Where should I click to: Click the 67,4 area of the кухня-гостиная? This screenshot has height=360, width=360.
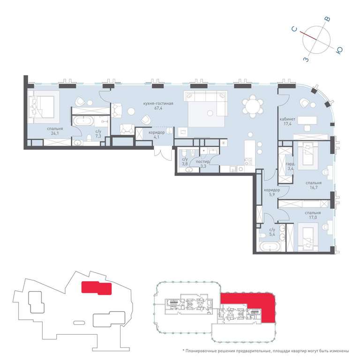pos(158,108)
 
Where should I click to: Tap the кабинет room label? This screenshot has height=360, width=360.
pos(287,119)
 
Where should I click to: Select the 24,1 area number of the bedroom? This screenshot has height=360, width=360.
pos(55,133)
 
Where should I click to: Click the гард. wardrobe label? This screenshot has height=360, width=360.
pos(290,164)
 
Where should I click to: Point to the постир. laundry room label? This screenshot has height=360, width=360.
pos(202,162)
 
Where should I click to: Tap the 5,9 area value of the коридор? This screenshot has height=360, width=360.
pos(272,195)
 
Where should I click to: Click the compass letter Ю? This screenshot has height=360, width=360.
pos(339,50)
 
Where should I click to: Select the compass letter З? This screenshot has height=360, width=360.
pos(306,60)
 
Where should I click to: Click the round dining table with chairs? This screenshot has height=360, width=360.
pos(253,106)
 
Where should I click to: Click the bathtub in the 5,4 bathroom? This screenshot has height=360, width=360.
pos(270,247)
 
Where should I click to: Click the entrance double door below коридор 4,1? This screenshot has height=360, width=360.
pos(163,153)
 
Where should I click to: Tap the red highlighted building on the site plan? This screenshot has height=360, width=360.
pos(97,288)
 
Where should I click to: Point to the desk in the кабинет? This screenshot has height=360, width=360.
pos(307,120)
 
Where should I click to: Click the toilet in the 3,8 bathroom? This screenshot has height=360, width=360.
pos(184,154)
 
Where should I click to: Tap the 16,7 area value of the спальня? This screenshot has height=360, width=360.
pos(314,187)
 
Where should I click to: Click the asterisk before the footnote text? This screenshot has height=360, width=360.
pos(183,350)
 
